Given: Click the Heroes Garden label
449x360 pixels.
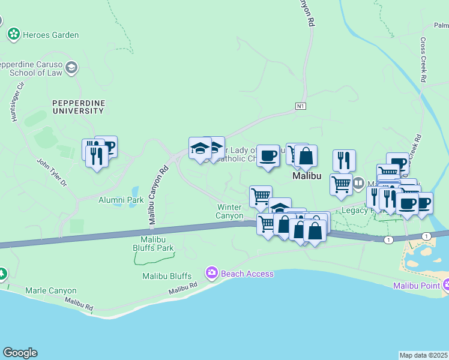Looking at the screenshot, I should (50, 35).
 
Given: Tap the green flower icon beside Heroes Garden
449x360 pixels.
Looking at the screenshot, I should (13, 35).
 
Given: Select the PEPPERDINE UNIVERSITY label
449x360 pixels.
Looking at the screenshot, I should (78, 107).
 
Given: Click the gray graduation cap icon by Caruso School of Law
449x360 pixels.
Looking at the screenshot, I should (72, 67).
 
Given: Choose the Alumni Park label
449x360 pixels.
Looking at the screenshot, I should (121, 200).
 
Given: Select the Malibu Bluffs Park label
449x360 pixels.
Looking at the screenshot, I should (153, 244).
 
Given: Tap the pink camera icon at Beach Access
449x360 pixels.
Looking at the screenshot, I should (211, 274).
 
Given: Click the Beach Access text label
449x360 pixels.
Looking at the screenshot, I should (247, 274).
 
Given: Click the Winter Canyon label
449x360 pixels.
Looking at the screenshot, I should (230, 211).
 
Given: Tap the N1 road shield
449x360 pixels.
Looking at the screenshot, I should (301, 107).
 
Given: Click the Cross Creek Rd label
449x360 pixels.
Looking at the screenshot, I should (423, 61).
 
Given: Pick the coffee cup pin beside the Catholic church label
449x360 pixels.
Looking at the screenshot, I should (267, 155).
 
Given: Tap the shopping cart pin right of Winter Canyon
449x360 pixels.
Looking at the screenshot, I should (260, 196).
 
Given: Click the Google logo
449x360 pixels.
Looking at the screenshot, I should (20, 353).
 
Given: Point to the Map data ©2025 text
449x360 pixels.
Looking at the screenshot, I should (423, 355).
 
